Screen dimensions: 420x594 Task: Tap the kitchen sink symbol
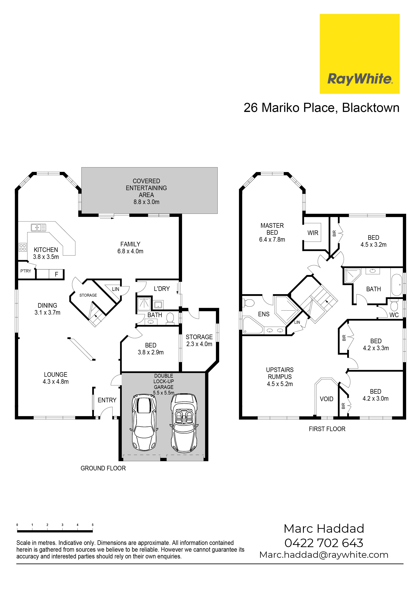point(38,227)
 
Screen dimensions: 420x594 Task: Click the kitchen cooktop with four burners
point(23,247)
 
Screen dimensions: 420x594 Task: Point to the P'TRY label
point(26,271)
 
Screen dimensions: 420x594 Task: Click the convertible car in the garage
point(184,423)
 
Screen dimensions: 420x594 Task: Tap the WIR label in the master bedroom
point(313,233)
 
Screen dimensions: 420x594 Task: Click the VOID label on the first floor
point(326,399)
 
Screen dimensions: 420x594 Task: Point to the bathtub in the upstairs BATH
point(396,285)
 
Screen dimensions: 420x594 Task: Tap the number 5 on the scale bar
point(92,525)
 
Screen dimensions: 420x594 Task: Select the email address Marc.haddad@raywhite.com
point(324,555)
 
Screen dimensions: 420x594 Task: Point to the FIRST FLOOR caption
point(327,429)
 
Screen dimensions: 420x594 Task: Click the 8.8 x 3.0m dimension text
point(146,202)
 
